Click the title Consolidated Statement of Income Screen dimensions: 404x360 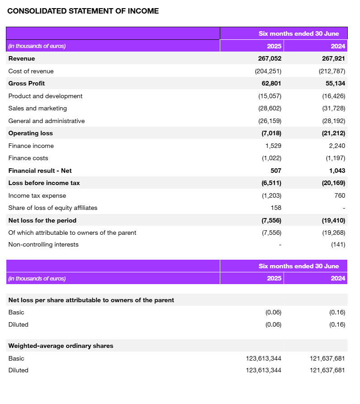tap(83, 11)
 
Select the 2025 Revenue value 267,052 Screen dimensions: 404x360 tap(270, 58)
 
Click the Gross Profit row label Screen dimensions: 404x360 tap(27, 83)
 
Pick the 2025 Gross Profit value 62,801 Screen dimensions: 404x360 tap(271, 83)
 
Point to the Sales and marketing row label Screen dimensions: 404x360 tap(38, 108)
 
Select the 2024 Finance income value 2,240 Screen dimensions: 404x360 tap(337, 146)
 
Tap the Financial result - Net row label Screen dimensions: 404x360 tap(40, 171)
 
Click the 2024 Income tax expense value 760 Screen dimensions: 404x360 tap(340, 195)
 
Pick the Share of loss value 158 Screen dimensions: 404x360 tap(276, 208)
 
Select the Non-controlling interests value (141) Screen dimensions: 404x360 tap(338, 244)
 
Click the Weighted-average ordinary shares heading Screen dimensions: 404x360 tap(61, 346)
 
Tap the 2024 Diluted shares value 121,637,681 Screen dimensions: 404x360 tap(327, 370)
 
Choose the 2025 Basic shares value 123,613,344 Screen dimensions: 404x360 tap(264, 358)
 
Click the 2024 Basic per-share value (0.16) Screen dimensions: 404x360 tap(337, 312)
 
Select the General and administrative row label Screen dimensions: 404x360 tap(47, 121)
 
